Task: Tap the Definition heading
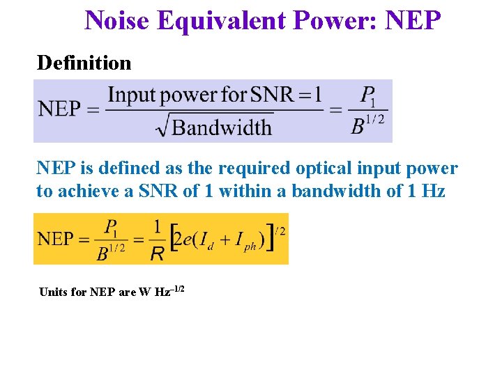point(84,63)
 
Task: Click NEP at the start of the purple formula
point(59,109)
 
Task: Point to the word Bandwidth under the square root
point(221,127)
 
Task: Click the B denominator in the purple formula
point(358,127)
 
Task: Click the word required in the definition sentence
point(255,169)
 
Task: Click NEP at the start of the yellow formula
point(55,239)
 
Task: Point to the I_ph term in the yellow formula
point(241,242)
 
